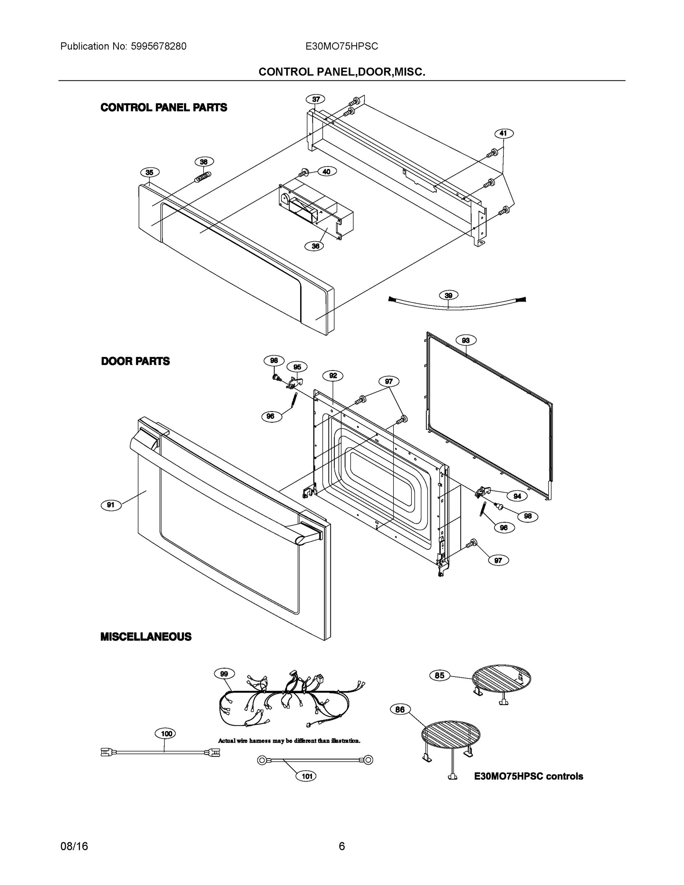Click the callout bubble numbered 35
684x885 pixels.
coord(150,173)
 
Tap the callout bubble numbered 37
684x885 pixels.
coord(316,99)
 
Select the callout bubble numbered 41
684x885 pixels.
coord(503,133)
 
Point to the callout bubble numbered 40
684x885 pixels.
coord(327,171)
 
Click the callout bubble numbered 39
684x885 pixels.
coord(449,295)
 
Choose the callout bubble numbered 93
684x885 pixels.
coord(466,340)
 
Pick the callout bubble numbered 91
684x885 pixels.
coord(111,505)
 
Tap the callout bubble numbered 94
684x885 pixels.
coord(517,496)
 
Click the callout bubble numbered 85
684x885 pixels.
coord(440,676)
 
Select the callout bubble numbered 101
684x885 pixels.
coord(307,776)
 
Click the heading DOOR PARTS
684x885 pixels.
coord(135,361)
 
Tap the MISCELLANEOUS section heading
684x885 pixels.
coord(146,636)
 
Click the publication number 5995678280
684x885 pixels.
coord(159,46)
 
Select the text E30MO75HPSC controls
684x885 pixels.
coord(528,776)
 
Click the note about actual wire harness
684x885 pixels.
coord(289,741)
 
